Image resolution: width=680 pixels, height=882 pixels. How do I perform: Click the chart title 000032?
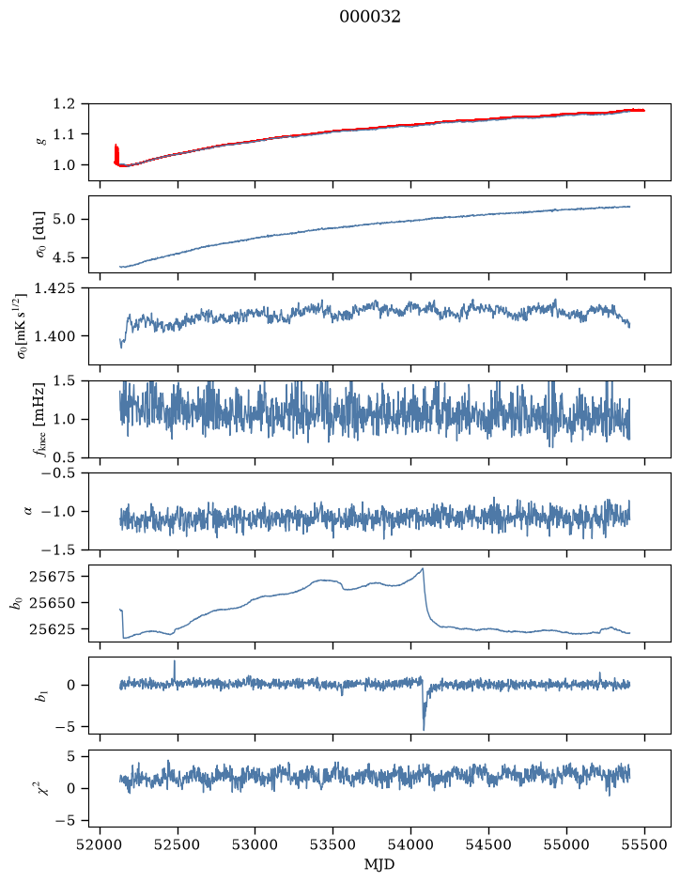[x=369, y=17]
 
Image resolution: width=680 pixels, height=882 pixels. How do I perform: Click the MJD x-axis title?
[x=379, y=864]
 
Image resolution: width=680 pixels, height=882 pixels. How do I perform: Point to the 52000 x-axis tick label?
[x=100, y=844]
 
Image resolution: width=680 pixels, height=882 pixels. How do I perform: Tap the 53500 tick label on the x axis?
[x=333, y=844]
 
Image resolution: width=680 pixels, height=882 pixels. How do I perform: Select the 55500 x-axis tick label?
[x=644, y=844]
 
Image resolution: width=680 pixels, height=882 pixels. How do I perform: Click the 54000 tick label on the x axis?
[x=410, y=844]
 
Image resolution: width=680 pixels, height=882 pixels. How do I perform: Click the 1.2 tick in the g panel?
[x=64, y=103]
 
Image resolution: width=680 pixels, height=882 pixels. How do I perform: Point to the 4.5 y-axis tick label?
[x=64, y=257]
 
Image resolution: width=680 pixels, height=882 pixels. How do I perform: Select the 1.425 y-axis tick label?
[x=55, y=288]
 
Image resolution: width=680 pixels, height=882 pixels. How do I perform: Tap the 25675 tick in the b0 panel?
[x=53, y=576]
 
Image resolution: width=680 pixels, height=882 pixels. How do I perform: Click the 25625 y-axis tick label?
[x=53, y=629]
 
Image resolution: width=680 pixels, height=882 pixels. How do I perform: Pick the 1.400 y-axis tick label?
[x=55, y=336]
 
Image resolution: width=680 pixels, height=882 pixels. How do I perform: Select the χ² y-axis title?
[x=41, y=788]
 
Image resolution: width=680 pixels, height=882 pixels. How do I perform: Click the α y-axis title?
[x=28, y=511]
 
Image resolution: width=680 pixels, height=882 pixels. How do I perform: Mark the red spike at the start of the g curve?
[x=116, y=153]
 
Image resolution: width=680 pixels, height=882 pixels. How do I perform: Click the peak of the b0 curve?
[x=423, y=568]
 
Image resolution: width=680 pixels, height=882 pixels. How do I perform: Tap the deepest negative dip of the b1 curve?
[x=424, y=730]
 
